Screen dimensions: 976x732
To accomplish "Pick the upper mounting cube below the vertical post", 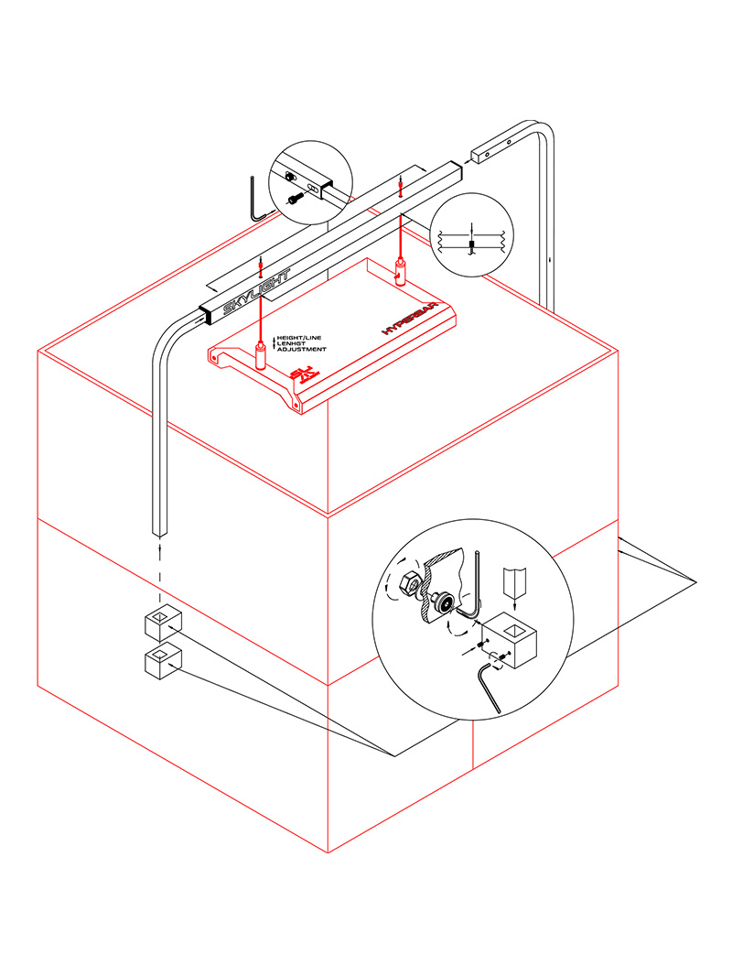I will [163, 627].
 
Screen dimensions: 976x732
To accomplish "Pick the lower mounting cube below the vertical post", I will [163, 662].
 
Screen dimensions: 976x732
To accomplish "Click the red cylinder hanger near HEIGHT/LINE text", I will [261, 354].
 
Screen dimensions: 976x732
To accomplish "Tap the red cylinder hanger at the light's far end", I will [400, 271].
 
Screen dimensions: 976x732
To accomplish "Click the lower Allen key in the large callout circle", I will [490, 688].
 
